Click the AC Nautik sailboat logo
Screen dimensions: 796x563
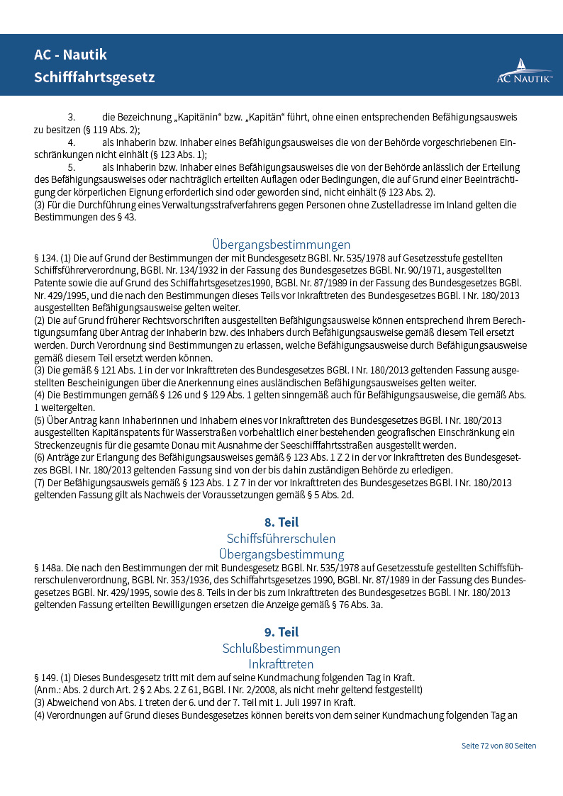coord(524,70)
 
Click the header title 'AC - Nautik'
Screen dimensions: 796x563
coord(70,55)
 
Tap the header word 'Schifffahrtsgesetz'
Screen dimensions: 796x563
coord(94,77)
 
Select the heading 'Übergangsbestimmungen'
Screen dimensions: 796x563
coord(281,245)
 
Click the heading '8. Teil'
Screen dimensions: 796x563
coord(281,522)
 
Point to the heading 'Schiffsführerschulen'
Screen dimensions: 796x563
coord(281,539)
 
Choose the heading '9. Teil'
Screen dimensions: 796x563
coord(281,632)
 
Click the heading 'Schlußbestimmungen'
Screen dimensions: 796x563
coord(281,649)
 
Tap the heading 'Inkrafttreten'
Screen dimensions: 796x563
coord(281,664)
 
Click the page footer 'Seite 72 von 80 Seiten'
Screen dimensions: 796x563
coord(498,746)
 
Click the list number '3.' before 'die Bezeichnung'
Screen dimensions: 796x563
coord(72,116)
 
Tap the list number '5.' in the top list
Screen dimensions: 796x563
coord(72,167)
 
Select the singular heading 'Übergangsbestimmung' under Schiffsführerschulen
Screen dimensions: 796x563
coord(281,554)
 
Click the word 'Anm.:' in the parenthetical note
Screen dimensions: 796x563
coord(50,690)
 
